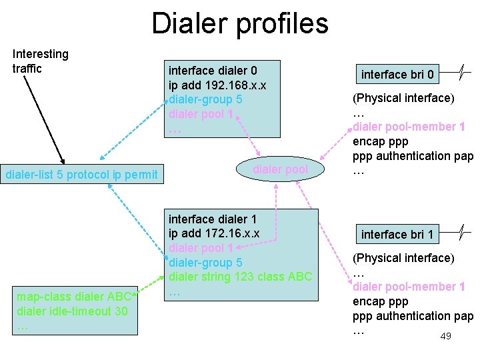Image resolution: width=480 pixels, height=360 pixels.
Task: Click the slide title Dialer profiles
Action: pos(240,23)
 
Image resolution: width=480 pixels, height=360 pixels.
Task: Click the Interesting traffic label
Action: pos(40,61)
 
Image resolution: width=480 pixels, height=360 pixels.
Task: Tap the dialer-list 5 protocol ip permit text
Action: pos(81,175)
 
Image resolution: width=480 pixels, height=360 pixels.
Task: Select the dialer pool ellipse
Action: pos(280,169)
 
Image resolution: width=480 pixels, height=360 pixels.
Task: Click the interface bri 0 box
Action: pos(397,74)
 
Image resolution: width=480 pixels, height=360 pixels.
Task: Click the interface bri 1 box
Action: pos(397,234)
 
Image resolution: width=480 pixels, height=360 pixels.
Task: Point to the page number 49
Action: pos(445,336)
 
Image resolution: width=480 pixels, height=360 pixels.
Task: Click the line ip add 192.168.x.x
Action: pos(217,85)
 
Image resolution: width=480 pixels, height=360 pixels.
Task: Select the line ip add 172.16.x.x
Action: pos(213,233)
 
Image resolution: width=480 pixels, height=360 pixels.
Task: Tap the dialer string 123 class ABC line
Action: pos(240,277)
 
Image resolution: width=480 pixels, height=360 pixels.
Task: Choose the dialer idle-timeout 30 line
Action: pos(72,311)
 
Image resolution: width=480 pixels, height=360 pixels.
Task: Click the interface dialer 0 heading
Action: pos(213,70)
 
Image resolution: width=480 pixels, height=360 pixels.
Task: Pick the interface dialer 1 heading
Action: pos(212,219)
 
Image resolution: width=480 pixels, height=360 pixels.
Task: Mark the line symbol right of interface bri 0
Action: pos(461,71)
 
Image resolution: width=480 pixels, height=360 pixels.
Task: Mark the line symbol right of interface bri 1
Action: pos(461,231)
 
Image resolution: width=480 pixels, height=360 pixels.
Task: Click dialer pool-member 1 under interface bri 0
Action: pos(408,127)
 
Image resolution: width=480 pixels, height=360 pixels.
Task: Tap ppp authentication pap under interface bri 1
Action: pos(412,316)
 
